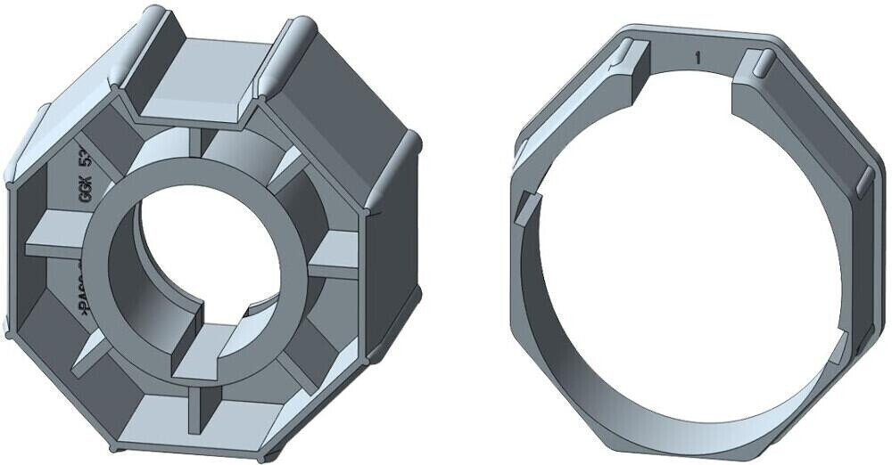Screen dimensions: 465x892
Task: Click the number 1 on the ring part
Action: click(x=698, y=58)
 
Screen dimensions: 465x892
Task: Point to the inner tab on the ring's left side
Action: click(x=528, y=208)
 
